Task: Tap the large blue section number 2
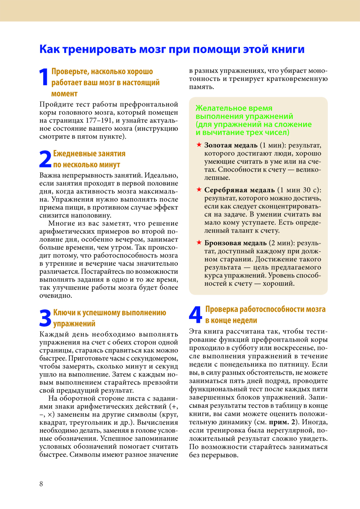[45, 159]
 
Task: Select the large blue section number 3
[45, 318]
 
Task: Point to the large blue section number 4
[195, 315]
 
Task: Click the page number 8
[41, 484]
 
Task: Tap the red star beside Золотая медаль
[199, 145]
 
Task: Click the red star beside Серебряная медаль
[199, 189]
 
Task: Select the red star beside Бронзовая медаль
[199, 242]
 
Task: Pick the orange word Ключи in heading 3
[64, 313]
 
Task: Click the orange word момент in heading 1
[64, 94]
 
